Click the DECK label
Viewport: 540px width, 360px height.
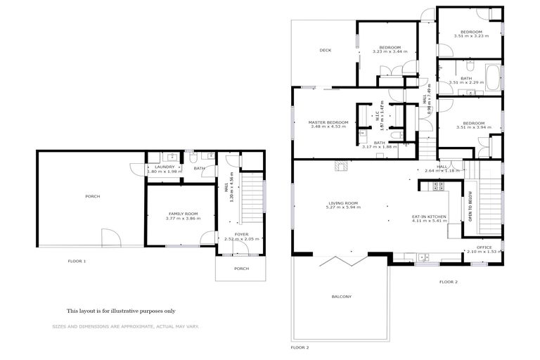pyautogui.click(x=325, y=50)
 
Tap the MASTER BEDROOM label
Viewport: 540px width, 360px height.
pyautogui.click(x=328, y=122)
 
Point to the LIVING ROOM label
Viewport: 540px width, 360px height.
pyautogui.click(x=342, y=202)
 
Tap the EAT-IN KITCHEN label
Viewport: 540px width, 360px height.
pyautogui.click(x=429, y=216)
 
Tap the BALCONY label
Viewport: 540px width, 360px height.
pyautogui.click(x=342, y=296)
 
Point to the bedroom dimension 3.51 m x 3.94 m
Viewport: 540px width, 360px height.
pyautogui.click(x=470, y=127)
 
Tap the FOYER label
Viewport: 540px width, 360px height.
pyautogui.click(x=241, y=234)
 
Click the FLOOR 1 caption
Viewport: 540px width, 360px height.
pyautogui.click(x=77, y=261)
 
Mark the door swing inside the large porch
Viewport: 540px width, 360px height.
pyautogui.click(x=107, y=237)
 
